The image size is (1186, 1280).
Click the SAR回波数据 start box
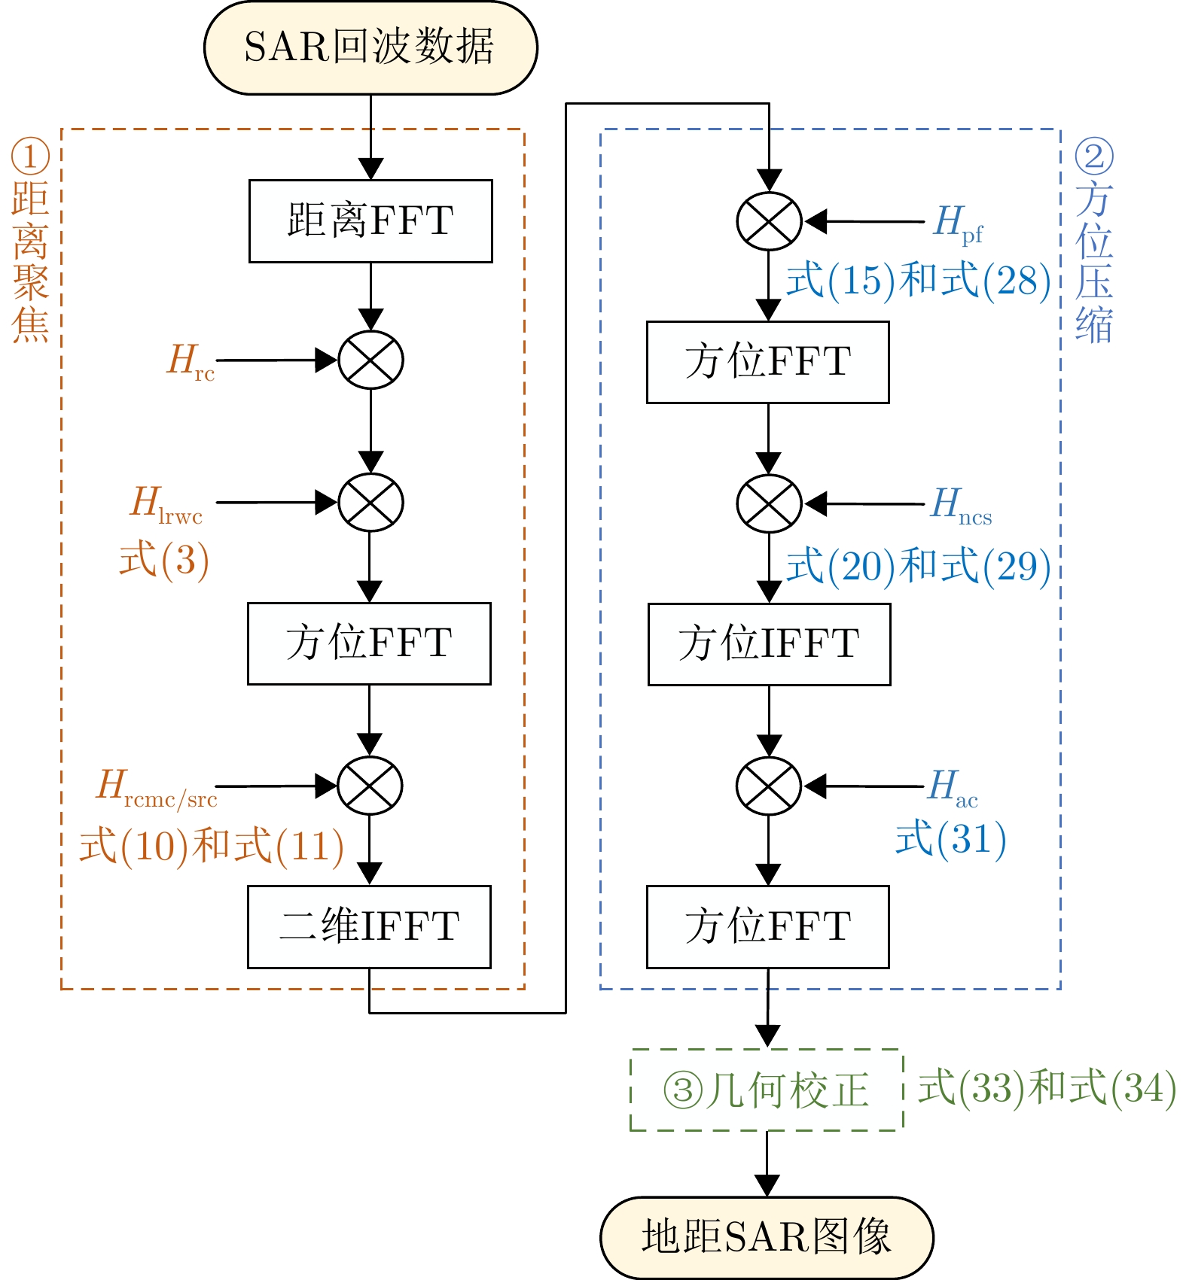point(370,47)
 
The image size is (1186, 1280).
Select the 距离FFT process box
point(370,221)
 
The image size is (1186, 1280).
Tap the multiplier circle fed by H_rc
point(370,360)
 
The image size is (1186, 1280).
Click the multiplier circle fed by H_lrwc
point(370,503)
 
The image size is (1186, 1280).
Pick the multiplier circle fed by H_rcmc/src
point(370,786)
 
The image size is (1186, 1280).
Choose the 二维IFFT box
point(369,926)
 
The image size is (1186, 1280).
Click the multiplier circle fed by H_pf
point(769,221)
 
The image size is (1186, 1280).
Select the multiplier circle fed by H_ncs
point(769,503)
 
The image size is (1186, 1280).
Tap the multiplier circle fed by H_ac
point(769,786)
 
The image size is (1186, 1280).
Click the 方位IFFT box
point(769,644)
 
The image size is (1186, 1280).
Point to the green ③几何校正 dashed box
point(767,1090)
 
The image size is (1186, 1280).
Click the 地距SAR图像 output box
point(767,1237)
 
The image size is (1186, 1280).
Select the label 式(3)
point(164,560)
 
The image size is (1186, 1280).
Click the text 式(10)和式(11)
point(212,846)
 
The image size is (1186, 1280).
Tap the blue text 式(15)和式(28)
point(918,281)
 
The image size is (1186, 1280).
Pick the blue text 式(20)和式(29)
point(918,566)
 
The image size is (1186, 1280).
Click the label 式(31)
point(950,839)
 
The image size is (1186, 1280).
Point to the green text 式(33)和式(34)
point(1047,1088)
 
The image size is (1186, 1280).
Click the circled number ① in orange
point(30,157)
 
